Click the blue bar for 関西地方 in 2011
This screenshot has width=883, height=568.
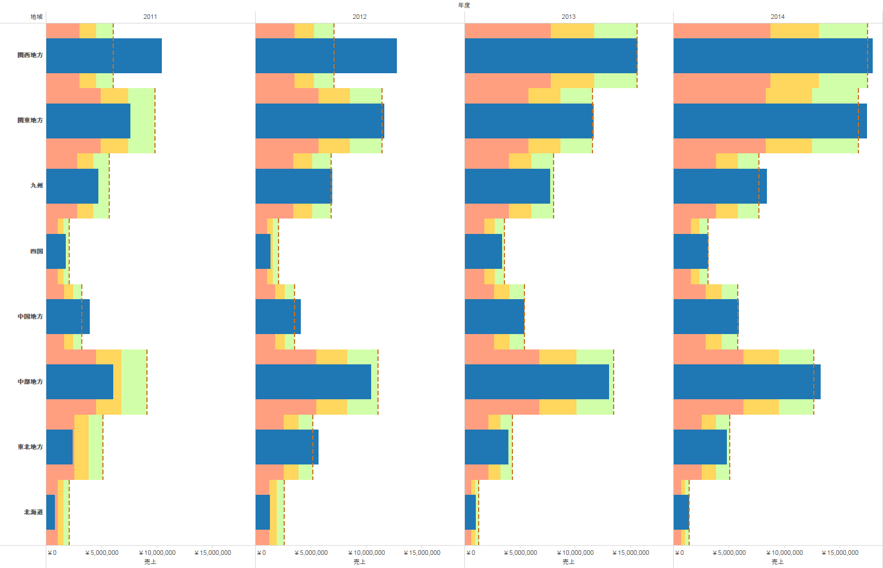(104, 55)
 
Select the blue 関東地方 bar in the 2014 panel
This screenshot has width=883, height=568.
(770, 121)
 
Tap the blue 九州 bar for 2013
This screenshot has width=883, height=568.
(507, 186)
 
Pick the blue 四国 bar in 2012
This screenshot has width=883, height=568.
(263, 251)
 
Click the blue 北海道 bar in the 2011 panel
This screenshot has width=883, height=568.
(50, 512)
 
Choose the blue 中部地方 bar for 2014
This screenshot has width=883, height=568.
(747, 382)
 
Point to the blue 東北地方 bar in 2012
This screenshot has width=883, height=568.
(287, 447)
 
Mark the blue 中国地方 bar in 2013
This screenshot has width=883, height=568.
(494, 316)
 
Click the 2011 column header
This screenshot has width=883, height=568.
(150, 17)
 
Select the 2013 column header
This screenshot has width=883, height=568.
(568, 17)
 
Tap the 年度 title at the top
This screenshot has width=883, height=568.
(464, 5)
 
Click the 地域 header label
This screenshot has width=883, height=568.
(37, 17)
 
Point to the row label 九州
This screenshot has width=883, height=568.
(37, 185)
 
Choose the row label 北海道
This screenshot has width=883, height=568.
(33, 512)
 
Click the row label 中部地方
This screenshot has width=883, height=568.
(30, 382)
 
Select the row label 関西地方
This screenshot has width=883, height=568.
(30, 55)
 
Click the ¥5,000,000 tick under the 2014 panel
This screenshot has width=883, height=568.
(729, 553)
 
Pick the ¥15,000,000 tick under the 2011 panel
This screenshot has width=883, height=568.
(213, 553)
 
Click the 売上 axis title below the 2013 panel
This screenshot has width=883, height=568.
(568, 562)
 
